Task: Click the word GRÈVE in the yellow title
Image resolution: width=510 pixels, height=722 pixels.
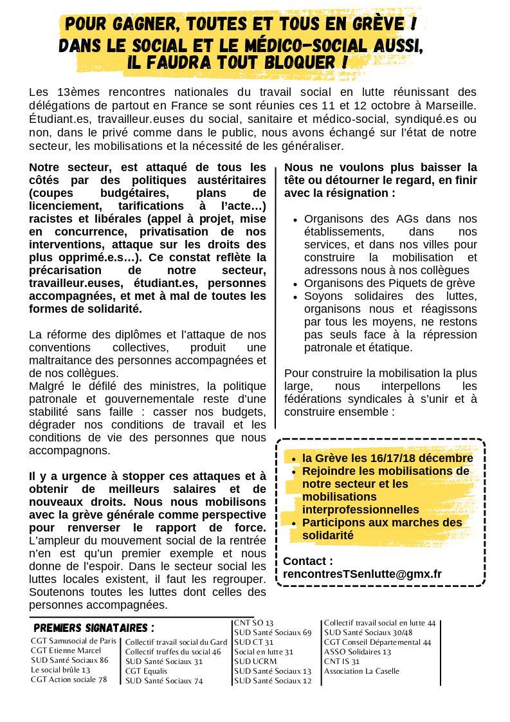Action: pyautogui.click(x=376, y=25)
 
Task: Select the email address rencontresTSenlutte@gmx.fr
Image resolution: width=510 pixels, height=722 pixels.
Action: pyautogui.click(x=362, y=574)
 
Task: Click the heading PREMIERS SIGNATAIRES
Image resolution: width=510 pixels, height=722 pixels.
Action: pyautogui.click(x=93, y=627)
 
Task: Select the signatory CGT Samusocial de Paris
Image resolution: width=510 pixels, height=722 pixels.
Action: pyautogui.click(x=73, y=641)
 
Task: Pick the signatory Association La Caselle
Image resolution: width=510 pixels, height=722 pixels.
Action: pyautogui.click(x=361, y=671)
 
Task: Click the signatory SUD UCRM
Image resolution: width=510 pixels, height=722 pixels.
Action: pyautogui.click(x=255, y=662)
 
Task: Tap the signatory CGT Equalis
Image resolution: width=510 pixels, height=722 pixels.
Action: pyautogui.click(x=146, y=671)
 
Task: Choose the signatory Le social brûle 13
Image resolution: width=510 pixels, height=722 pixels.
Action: pyautogui.click(x=60, y=670)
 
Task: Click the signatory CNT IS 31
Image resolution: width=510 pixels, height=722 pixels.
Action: pyautogui.click(x=342, y=662)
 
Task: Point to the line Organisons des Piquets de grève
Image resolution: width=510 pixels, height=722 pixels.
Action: pyautogui.click(x=389, y=283)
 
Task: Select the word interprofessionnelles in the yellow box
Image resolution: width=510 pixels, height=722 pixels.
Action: pyautogui.click(x=360, y=510)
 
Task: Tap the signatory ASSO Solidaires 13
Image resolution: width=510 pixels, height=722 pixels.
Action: pyautogui.click(x=357, y=652)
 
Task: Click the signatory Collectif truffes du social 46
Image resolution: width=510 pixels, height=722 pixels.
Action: pyautogui.click(x=172, y=652)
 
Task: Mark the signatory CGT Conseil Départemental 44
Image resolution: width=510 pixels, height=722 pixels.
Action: pyautogui.click(x=378, y=642)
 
